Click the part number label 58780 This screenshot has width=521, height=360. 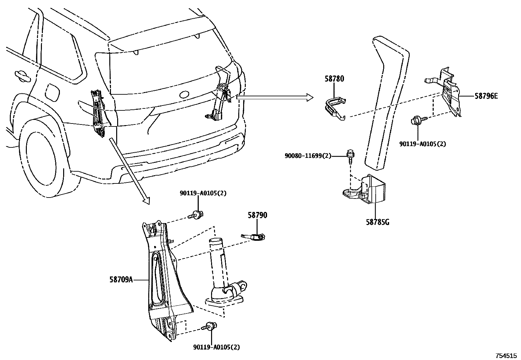334,79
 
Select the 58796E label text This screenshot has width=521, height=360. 486,96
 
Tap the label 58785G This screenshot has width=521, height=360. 377,222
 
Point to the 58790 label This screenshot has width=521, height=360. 257,215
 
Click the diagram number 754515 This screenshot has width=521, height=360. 506,355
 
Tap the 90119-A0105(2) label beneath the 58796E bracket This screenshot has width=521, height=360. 422,143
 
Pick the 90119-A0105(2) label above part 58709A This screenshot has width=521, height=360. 203,193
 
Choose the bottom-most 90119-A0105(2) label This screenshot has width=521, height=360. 216,347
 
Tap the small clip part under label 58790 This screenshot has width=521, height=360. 254,236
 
